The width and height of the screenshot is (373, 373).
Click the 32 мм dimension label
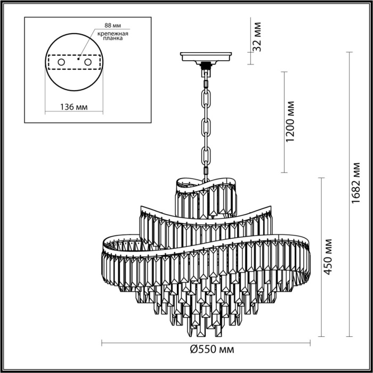[x=257, y=36]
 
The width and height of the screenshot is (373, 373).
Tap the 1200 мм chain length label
[x=290, y=122]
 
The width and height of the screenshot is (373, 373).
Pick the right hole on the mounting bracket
[x=96, y=63]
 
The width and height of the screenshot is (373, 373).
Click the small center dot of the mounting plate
[x=79, y=60]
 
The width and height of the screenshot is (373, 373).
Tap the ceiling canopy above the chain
[x=206, y=56]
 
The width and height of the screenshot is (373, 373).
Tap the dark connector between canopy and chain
[x=206, y=66]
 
